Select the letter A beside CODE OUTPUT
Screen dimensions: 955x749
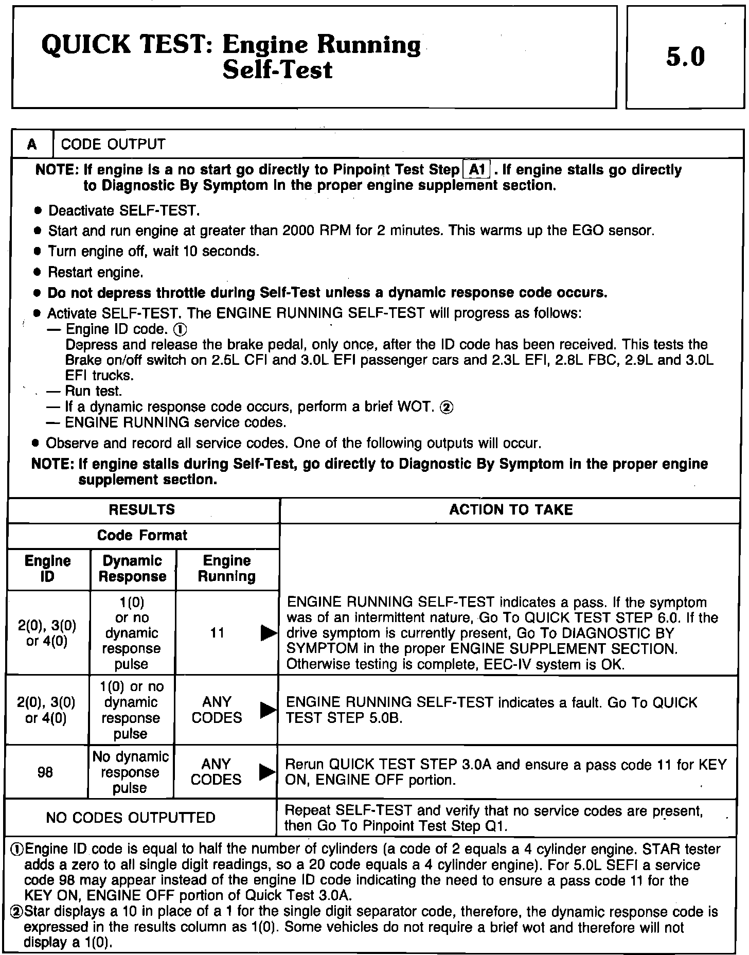[x=32, y=145]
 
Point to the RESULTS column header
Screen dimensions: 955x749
[x=142, y=510]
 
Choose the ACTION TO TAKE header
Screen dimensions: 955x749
[x=510, y=510]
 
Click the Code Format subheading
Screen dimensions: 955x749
[x=142, y=536]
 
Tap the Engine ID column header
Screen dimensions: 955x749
[x=47, y=569]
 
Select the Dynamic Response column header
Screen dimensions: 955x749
[x=132, y=569]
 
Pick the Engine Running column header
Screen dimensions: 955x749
[x=226, y=569]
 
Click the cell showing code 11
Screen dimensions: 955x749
[x=218, y=633]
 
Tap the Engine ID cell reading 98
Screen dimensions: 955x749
[x=45, y=772]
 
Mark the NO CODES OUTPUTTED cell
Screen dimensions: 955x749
[x=131, y=818]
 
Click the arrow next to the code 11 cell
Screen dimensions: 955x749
[x=268, y=633]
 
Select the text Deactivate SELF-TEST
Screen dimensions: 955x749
[x=123, y=211]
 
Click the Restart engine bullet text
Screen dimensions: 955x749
[x=96, y=272]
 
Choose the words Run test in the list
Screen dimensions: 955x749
[x=94, y=392]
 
